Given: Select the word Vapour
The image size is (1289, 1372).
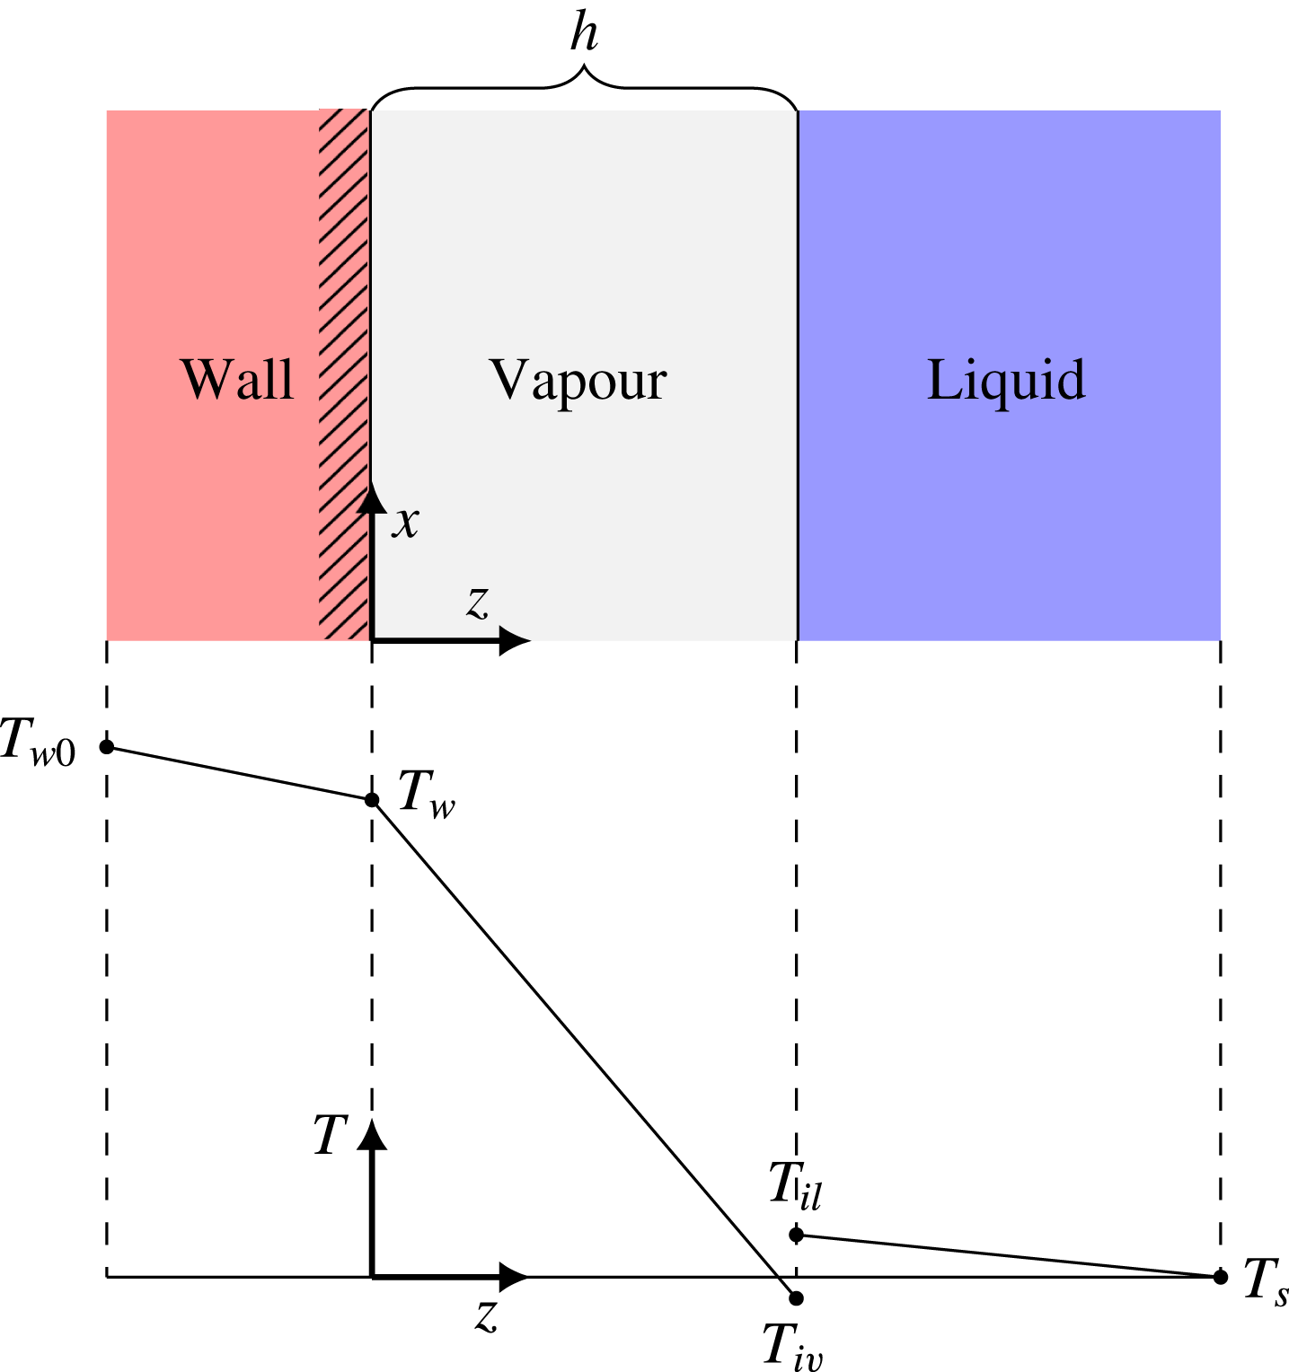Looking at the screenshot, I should pos(578,381).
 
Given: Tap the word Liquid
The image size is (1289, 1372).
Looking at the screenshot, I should pos(1005,381).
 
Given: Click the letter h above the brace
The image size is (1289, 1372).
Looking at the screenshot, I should pos(584,34).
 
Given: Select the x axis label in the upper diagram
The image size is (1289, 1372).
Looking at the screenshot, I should pos(406,522).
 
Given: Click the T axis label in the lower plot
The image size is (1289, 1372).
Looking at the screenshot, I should pos(330,1135).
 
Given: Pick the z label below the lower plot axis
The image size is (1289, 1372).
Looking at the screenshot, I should pos(486,1315).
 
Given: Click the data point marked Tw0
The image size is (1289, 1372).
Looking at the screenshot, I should pos(107,746).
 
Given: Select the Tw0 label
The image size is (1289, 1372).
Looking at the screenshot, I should pos(39,743).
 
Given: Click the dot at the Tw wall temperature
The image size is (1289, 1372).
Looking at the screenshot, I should pos(372,799).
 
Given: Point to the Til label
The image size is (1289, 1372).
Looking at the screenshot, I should pos(795,1185).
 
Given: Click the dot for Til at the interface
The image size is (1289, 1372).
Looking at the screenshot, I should pos(796,1235).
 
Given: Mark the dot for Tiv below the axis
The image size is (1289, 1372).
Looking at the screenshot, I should pos(796,1297).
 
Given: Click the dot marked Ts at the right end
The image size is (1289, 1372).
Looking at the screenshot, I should pos(1220,1276).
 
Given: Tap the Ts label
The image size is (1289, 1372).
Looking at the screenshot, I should pos(1266,1281).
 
